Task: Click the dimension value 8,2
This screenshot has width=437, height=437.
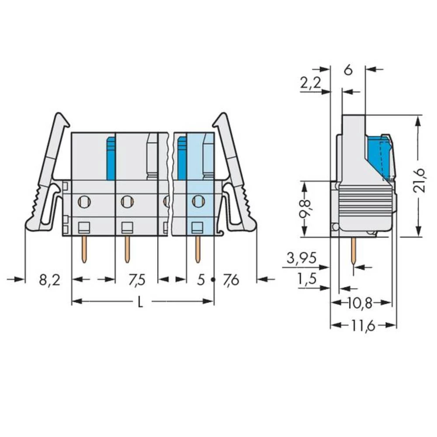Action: pyautogui.click(x=49, y=280)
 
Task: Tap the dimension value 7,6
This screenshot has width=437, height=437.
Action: pyautogui.click(x=231, y=280)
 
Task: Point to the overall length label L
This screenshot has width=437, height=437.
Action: pyautogui.click(x=140, y=302)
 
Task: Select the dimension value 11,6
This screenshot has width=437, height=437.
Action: pyautogui.click(x=363, y=326)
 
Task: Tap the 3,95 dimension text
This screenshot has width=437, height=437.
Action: pyautogui.click(x=302, y=258)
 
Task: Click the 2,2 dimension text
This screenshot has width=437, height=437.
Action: pyautogui.click(x=310, y=83)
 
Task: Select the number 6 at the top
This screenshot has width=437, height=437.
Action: pyautogui.click(x=348, y=70)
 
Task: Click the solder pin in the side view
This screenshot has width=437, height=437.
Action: pyautogui.click(x=353, y=251)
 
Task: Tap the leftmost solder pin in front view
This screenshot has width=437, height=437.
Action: pyautogui.click(x=84, y=249)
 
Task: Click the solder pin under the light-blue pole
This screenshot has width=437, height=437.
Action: pyautogui.click(x=198, y=249)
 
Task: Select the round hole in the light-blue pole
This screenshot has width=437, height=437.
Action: pyautogui.click(x=198, y=201)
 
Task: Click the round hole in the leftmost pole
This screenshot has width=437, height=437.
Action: pyautogui.click(x=84, y=201)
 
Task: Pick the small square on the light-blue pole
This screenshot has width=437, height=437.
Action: pyautogui.click(x=198, y=227)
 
